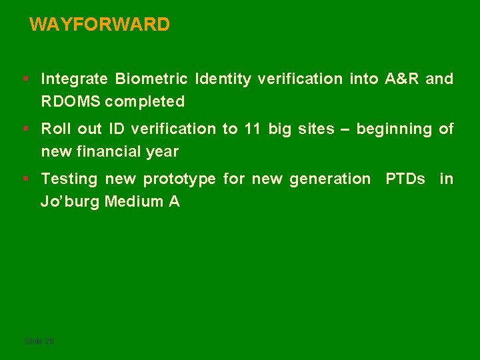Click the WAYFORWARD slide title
[100, 25]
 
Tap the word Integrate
[74, 79]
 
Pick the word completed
[145, 102]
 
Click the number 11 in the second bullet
[252, 129]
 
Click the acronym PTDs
[405, 179]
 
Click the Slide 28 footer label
[39, 341]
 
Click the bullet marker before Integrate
[25, 79]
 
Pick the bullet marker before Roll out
[25, 129]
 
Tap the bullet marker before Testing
[25, 179]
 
